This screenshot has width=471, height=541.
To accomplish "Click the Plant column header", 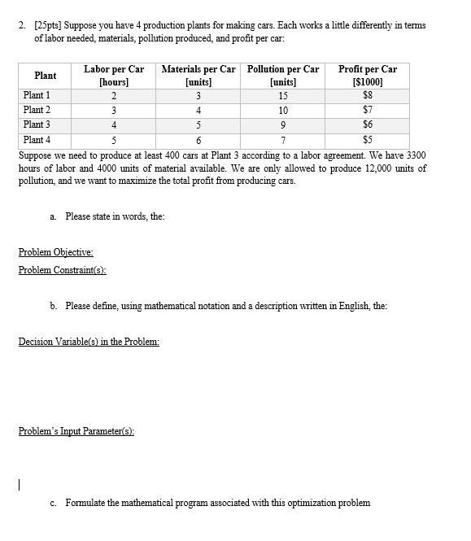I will pyautogui.click(x=45, y=76).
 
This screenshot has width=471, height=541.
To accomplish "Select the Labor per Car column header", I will pyautogui.click(x=114, y=76).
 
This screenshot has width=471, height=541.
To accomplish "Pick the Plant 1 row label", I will pyautogui.click(x=37, y=95).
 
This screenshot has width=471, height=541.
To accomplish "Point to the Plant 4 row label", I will pyautogui.click(x=37, y=140).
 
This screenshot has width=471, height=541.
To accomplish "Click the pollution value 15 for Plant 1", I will pyautogui.click(x=282, y=95).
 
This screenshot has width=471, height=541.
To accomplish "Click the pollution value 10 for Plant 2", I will pyautogui.click(x=282, y=110).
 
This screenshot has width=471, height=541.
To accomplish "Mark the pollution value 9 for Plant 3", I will pyautogui.click(x=282, y=124).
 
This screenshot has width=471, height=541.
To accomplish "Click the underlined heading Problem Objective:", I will pyautogui.click(x=55, y=253).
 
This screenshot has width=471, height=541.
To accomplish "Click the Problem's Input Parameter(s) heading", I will pyautogui.click(x=76, y=430).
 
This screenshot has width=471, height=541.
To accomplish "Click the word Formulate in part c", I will pyautogui.click(x=88, y=502).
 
